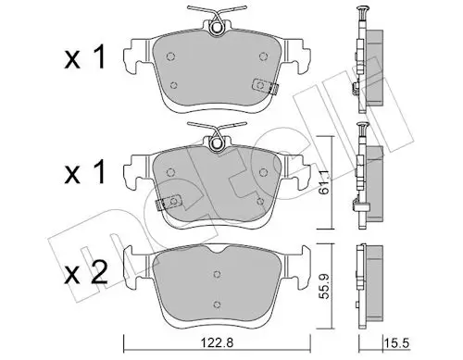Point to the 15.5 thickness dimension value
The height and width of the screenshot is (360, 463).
397,343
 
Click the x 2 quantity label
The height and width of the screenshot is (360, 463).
86,272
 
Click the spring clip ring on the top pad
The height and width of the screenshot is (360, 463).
217,28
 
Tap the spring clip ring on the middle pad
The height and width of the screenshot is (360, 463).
217,143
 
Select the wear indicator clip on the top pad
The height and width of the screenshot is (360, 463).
265,86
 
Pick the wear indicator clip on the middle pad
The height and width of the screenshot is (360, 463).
169,202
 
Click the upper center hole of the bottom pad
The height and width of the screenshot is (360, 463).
217,274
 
